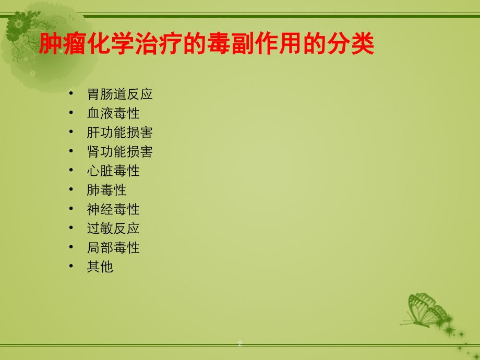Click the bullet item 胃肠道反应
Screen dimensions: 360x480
coord(119,94)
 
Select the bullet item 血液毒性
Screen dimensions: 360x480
coord(113,113)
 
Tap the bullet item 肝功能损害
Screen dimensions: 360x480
coord(119,133)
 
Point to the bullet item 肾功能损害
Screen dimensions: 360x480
coord(119,152)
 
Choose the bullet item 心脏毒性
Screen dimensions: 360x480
coord(113,171)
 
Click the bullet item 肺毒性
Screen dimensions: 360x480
coord(106,190)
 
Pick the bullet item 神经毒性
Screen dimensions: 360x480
coord(113,209)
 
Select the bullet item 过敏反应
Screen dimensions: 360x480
coord(113,228)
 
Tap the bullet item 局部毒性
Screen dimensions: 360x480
coord(113,247)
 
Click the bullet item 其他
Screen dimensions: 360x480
coord(100,267)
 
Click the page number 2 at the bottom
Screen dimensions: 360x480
coord(240,343)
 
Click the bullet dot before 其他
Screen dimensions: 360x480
coord(71,267)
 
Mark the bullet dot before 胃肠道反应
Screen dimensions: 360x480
coord(71,94)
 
